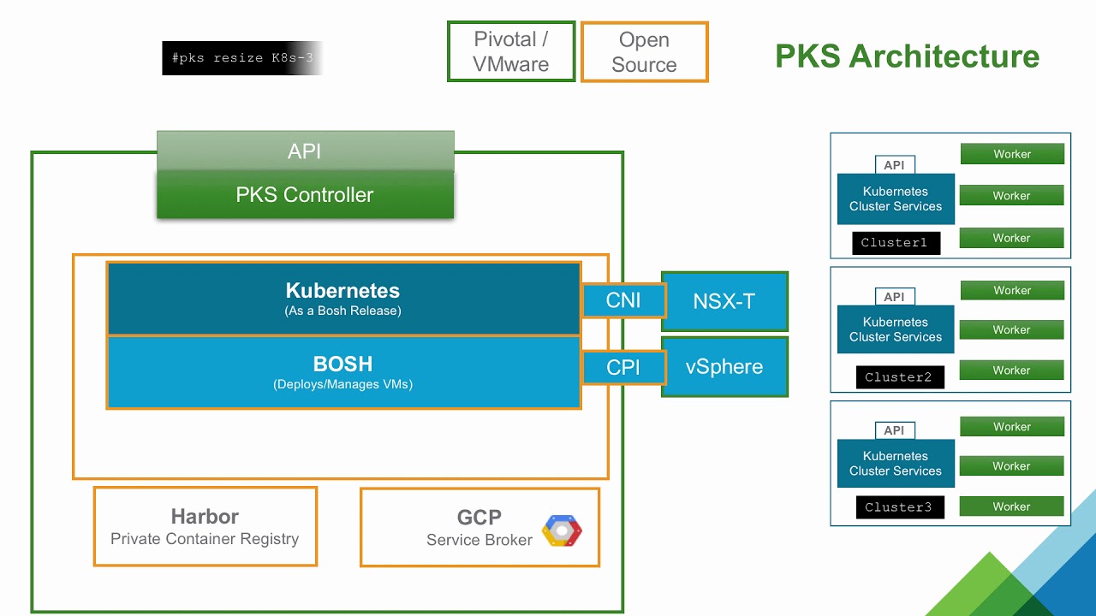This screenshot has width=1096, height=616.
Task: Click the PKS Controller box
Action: [x=305, y=195]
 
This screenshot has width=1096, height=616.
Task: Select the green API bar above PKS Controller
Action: [x=305, y=151]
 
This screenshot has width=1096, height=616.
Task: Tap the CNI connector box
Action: [x=623, y=300]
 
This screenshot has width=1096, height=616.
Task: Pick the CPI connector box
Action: [x=623, y=367]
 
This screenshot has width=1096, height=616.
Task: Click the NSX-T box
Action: [x=724, y=301]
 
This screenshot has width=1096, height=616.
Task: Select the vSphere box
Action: [x=724, y=366]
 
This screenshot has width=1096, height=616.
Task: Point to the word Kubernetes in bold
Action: [x=342, y=290]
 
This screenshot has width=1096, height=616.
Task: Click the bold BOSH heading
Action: [x=342, y=364]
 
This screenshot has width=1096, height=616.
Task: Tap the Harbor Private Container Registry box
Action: [x=205, y=526]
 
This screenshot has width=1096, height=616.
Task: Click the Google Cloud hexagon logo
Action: [x=562, y=530]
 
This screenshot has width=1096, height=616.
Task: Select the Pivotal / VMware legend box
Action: [x=511, y=51]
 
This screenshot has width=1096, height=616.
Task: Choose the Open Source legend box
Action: [x=644, y=51]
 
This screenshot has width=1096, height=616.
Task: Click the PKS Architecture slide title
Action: [x=907, y=56]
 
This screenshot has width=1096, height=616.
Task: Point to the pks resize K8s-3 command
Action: [x=242, y=58]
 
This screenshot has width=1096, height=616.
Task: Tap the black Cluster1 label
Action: [x=896, y=243]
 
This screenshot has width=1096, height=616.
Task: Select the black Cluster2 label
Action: [x=899, y=377]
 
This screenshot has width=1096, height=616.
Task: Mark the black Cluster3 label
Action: [x=899, y=507]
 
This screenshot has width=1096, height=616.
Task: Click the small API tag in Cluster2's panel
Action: [x=894, y=297]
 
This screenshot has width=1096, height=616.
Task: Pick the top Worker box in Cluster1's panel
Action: [x=1012, y=154]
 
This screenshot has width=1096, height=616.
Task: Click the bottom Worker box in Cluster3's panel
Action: [x=1012, y=506]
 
